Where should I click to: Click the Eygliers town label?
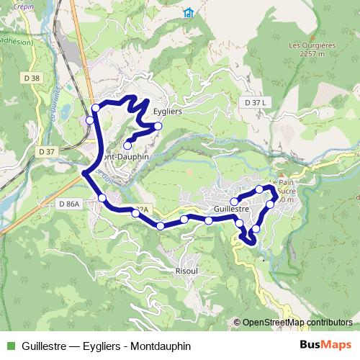(x=166, y=112)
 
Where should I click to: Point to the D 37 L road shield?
(x=255, y=103)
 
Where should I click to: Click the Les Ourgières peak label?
(x=312, y=48)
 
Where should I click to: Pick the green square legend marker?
(x=10, y=346)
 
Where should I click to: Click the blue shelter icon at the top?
(x=189, y=13)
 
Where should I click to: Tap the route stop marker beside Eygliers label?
(x=158, y=127)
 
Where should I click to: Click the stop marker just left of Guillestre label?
(x=209, y=220)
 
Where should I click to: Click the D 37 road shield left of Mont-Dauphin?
(x=47, y=151)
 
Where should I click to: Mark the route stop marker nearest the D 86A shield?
(x=102, y=197)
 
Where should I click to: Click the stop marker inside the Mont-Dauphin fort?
(x=127, y=146)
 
